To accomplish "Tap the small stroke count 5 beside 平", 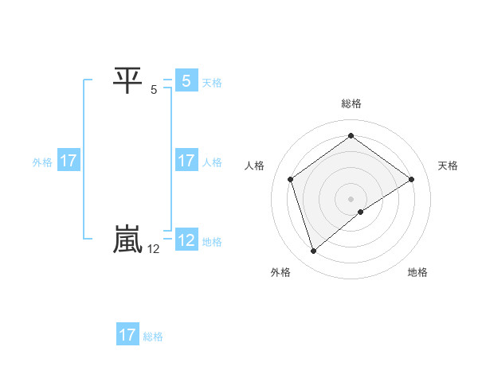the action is coord(154,90).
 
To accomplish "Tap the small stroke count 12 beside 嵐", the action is coord(155,249).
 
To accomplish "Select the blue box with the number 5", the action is coord(186,80).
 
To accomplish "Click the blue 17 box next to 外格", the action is coord(69,161).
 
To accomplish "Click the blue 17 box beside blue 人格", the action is coord(186,161).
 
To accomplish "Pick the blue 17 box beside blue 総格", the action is coord(127,334).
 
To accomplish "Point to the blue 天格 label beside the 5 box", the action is coord(212,82).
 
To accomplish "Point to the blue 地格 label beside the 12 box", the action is coord(212,241).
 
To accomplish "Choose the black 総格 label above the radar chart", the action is coord(351,103).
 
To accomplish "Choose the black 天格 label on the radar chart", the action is coord(449,166).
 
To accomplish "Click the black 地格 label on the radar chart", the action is coord(417,272).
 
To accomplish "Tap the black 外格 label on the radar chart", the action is coord(280,272).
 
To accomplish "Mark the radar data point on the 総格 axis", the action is coord(351,136).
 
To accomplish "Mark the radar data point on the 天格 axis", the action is coord(411,179).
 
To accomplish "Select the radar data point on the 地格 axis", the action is coord(361,212).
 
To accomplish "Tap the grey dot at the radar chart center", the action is coord(351,198).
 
